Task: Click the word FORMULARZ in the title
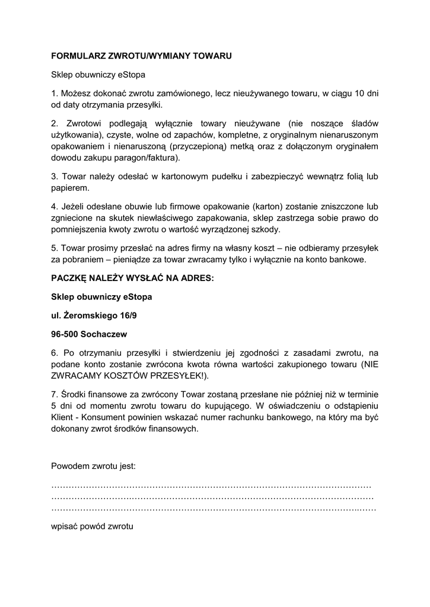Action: (77, 56)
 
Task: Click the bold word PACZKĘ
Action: (69, 278)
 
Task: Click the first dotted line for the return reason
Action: (211, 485)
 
